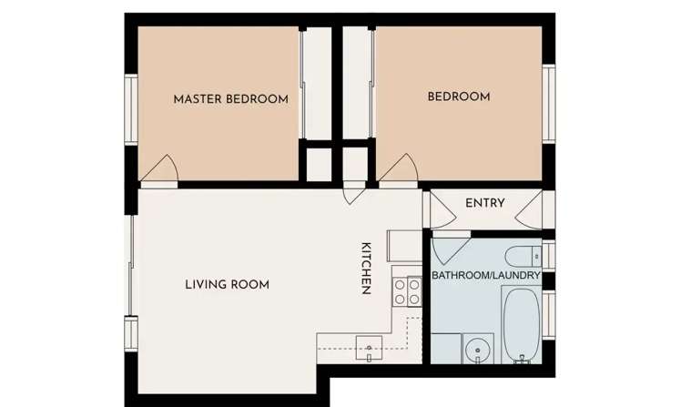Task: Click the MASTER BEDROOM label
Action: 230,98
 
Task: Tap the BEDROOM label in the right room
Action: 459,97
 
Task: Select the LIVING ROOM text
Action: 227,284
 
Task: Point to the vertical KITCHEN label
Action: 366,269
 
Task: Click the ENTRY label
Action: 484,203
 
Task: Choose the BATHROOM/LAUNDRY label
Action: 486,275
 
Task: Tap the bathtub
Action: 521,326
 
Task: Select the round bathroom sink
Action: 477,349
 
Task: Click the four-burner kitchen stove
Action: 406,291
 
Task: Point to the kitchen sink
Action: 369,347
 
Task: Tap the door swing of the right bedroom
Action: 400,169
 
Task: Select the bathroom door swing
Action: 451,248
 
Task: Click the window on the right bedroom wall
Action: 549,102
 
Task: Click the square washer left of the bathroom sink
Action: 445,349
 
